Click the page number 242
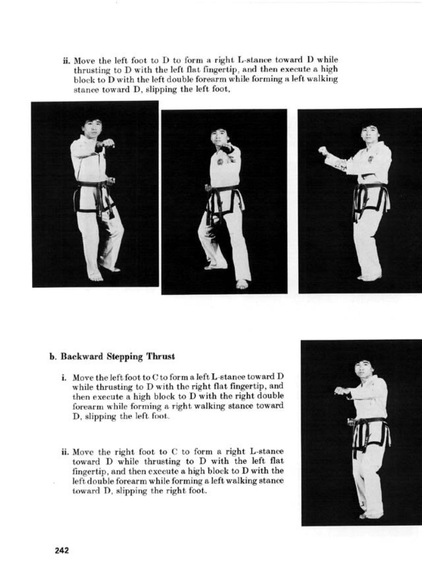coord(61,550)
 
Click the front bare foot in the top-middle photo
coord(242,284)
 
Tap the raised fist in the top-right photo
coord(323,151)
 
